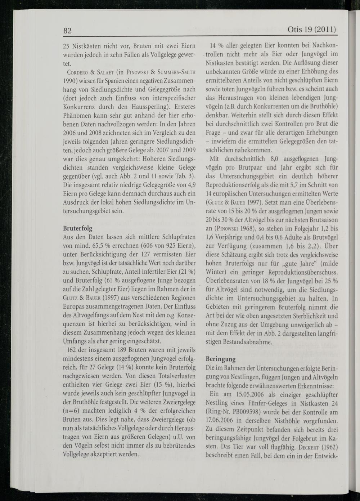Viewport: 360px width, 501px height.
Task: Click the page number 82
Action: pyautogui.click(x=67, y=30)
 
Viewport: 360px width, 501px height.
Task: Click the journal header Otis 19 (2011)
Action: pyautogui.click(x=312, y=29)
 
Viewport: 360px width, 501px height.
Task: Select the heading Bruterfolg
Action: pyautogui.click(x=77, y=228)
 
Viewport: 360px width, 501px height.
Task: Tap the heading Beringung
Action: pyautogui.click(x=220, y=359)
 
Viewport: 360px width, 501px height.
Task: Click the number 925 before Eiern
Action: pyautogui.click(x=168, y=246)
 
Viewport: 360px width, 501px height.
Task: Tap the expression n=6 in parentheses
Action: pyautogui.click(x=73, y=411)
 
